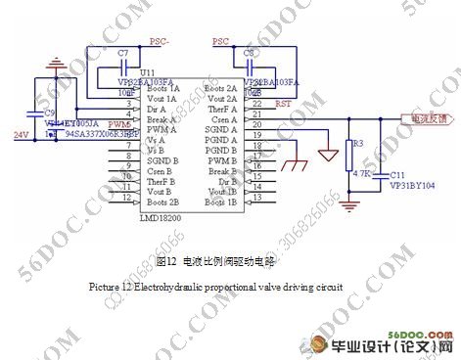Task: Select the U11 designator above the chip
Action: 148,73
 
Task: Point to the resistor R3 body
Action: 351,158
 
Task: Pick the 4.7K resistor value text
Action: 360,173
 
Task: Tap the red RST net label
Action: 284,103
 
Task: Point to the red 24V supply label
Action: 21,134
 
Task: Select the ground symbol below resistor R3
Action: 351,204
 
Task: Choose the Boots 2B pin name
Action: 161,200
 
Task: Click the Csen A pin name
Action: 223,120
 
